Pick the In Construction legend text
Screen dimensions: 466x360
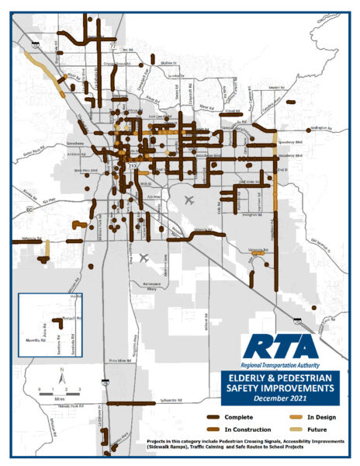[241, 429]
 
